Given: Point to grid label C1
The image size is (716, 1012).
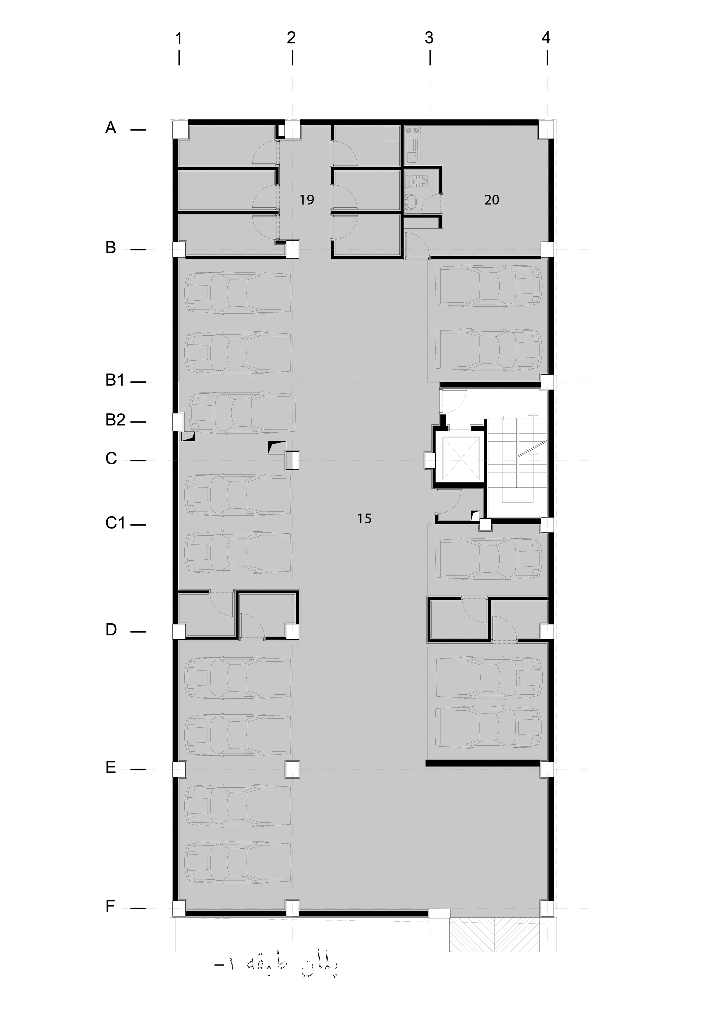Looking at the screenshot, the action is click(115, 523).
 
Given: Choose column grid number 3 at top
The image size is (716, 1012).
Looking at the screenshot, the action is click(429, 38).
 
